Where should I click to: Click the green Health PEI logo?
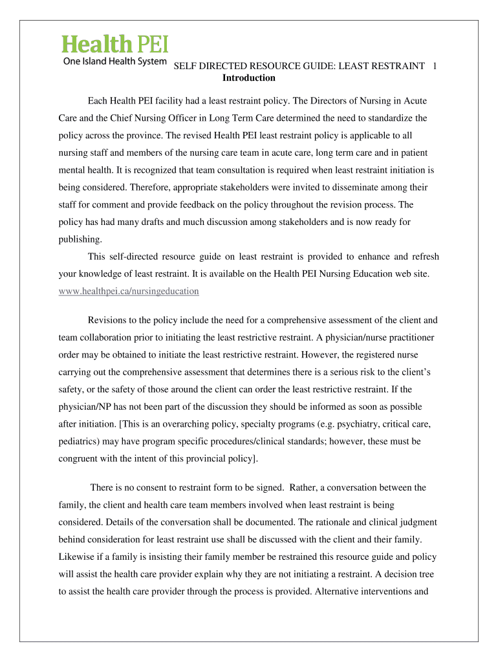point(115,44)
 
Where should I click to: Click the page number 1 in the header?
point(435,66)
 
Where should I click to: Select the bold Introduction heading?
point(249,78)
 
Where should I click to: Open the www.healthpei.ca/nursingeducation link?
point(129,291)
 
